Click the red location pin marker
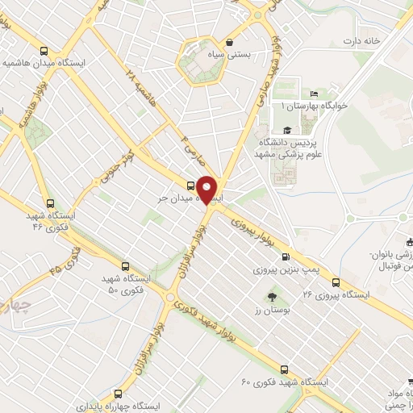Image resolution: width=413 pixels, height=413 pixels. (x=208, y=189)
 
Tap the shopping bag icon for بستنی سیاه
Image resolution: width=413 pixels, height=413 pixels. (x=231, y=42)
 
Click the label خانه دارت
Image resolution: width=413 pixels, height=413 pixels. (x=360, y=41)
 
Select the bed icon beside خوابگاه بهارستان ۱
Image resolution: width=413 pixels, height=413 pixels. (x=314, y=95)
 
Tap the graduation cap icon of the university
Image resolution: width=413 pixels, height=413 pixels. (x=286, y=130)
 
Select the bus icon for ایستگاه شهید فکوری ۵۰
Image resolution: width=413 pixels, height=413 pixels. (x=124, y=265)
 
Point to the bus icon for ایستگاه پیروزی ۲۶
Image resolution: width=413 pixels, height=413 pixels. (x=336, y=282)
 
